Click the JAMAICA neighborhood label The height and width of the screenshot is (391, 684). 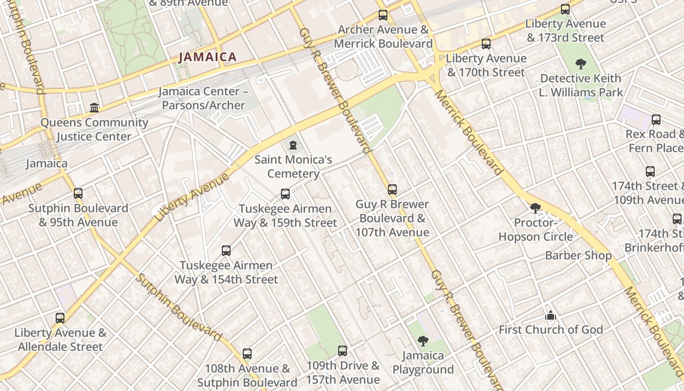tap(208, 57)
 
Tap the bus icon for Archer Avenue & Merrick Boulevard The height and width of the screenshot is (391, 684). tap(383, 15)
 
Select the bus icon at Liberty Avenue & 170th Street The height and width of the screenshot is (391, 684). tap(486, 44)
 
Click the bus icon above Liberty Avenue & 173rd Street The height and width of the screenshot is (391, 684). tap(565, 9)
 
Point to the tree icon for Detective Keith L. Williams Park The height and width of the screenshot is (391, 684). tap(580, 64)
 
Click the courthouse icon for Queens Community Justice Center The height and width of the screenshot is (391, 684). tap(94, 108)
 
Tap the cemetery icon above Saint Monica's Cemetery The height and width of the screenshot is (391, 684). tap(293, 145)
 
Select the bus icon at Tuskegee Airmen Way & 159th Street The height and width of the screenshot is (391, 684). tap(285, 194)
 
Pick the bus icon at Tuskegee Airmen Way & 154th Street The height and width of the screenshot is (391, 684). tap(226, 251)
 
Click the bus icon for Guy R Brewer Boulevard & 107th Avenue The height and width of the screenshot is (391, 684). tap(392, 190)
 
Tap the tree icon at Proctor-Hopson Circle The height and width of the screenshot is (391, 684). tap(535, 208)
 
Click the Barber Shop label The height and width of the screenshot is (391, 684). tap(578, 255)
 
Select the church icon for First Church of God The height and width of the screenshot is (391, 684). tap(551, 315)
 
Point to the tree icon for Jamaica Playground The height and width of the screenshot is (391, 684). tap(423, 341)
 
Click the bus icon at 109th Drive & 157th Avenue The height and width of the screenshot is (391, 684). tap(342, 350)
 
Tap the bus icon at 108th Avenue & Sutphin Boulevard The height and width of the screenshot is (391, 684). tap(247, 353)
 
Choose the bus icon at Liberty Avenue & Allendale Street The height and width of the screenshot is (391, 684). tap(60, 318)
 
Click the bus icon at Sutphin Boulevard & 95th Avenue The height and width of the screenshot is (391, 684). tap(78, 194)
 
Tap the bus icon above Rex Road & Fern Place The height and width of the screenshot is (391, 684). tap(656, 120)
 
